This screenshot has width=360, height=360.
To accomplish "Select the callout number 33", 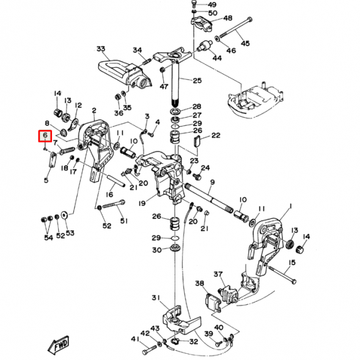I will tap(101, 49).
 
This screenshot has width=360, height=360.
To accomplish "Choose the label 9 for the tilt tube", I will tap(212, 182).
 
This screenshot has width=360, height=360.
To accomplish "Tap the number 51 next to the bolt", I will tap(125, 221).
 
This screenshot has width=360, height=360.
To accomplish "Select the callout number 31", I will tap(155, 298).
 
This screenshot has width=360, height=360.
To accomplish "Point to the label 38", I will tap(199, 284).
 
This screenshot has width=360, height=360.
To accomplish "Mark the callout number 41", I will tap(135, 339).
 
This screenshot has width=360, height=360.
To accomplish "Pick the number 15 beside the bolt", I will tap(292, 262).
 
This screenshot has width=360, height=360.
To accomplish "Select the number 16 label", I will tap(109, 194).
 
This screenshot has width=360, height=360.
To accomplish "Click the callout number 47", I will tap(163, 87).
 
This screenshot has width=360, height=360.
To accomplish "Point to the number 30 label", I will tap(156, 250).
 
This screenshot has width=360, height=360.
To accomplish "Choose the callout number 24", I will tap(205, 167).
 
